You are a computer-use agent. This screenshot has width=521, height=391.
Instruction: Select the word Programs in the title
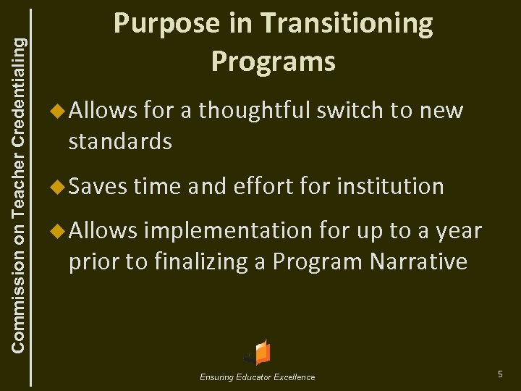coord(273,62)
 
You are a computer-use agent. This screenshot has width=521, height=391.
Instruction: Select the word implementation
coord(226,232)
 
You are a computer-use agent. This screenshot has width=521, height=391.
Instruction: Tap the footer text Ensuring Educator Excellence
coord(258,377)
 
